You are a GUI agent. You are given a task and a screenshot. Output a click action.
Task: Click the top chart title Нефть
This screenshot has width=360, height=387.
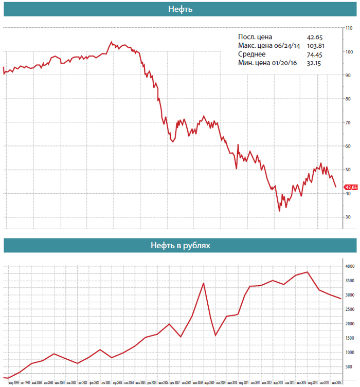pos(180,9)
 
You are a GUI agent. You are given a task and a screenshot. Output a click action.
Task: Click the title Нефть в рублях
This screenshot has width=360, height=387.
pos(180,245)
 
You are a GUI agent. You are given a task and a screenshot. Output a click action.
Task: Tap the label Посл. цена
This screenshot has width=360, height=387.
pos(256,37)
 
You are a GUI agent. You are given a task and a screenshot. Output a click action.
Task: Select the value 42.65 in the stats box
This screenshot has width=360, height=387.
pos(314,37)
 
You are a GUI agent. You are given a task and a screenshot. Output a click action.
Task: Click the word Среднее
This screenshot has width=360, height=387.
pos(252,54)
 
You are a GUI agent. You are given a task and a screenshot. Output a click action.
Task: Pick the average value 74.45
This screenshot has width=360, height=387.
pos(314,54)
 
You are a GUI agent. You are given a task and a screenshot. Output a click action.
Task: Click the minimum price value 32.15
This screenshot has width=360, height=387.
pos(314,63)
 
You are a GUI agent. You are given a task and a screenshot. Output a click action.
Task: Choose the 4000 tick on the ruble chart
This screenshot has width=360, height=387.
pos(350,266)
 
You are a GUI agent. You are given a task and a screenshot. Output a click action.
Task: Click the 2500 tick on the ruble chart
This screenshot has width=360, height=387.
pos(350,309)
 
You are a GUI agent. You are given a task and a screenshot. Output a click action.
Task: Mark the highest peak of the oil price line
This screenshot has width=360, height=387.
pos(111,42)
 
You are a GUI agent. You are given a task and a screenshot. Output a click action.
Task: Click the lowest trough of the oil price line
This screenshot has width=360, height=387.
pos(279,211)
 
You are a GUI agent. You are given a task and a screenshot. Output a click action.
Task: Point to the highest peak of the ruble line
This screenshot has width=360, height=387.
pos(307,272)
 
